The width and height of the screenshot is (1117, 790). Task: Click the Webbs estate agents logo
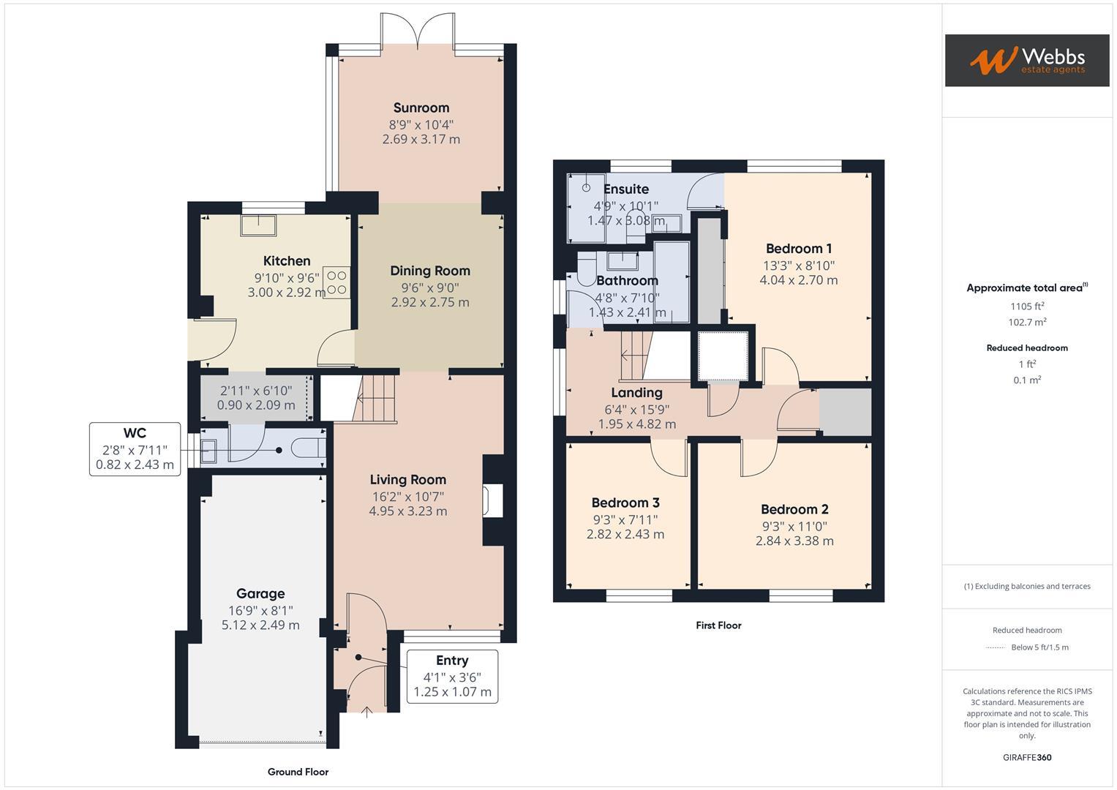1027,60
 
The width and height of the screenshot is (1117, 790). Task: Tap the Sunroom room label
421,108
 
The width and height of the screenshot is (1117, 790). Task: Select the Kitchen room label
287,261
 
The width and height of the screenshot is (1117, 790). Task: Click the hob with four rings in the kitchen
336,283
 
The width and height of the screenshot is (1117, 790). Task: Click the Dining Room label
430,271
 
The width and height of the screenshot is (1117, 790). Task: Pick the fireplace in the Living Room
490,502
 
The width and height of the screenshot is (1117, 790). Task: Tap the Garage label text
260,594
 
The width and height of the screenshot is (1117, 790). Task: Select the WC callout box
135,449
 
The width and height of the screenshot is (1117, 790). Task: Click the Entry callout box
452,676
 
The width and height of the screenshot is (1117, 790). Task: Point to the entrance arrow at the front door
366,710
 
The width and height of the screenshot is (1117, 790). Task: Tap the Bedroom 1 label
799,249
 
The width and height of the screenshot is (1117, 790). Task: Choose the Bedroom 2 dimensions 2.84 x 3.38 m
794,541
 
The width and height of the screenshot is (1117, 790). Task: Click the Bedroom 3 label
625,503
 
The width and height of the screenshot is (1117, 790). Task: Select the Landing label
636,393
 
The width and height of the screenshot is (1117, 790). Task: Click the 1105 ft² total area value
1027,306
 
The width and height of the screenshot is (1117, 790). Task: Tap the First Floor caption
718,625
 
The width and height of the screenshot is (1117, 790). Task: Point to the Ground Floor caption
298,772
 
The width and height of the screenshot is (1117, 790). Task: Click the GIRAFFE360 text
1027,757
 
